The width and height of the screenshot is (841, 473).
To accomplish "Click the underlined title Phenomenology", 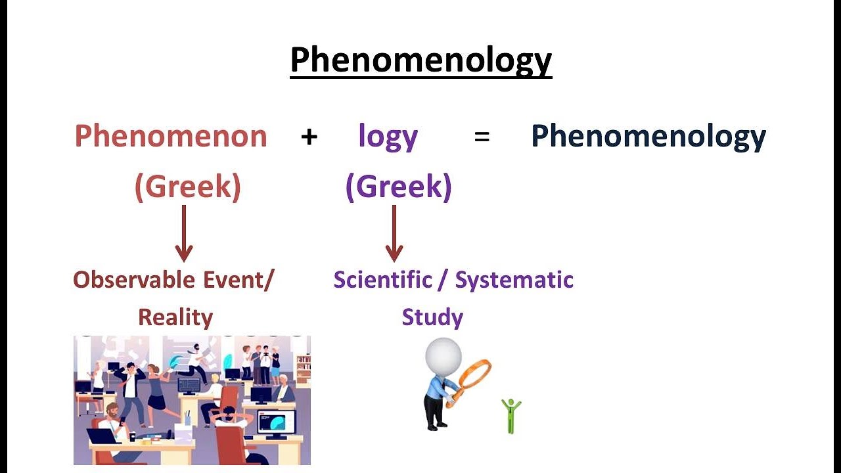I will click(x=420, y=60).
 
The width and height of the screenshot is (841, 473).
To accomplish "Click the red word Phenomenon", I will click(x=171, y=137).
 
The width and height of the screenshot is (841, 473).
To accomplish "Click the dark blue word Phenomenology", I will click(x=648, y=137).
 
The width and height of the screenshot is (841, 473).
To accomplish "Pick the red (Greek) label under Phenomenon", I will click(x=188, y=187).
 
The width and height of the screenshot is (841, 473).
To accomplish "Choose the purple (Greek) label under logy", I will click(x=398, y=187).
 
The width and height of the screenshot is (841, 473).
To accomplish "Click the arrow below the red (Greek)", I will click(x=184, y=233).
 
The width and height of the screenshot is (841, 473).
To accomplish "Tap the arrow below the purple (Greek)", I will click(x=394, y=233).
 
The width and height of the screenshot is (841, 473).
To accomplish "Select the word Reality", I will click(x=175, y=317).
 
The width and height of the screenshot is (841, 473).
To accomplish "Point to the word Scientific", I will click(x=380, y=280).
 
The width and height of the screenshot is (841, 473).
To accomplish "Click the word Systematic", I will click(x=514, y=280).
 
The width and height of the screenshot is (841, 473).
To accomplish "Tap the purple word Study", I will click(x=432, y=317).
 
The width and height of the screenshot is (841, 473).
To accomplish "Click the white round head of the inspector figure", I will click(x=443, y=356).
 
